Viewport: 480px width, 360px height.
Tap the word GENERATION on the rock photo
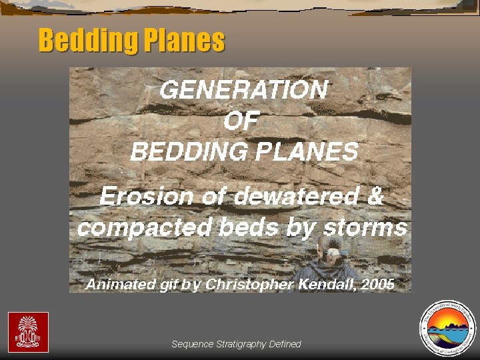pyautogui.click(x=243, y=89)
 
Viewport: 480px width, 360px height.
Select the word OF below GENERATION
pyautogui.click(x=241, y=121)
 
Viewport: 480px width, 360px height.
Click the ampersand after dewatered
pyautogui.click(x=375, y=197)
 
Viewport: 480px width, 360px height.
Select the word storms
pyautogui.click(x=365, y=228)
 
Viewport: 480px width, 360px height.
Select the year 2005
pyautogui.click(x=378, y=284)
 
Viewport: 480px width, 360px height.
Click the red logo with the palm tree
pyautogui.click(x=28, y=332)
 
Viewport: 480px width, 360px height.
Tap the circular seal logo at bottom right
pyautogui.click(x=446, y=328)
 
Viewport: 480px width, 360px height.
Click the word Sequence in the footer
pyautogui.click(x=193, y=344)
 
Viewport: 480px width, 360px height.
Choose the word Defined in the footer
pyautogui.click(x=285, y=344)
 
